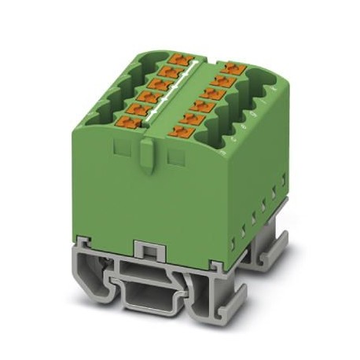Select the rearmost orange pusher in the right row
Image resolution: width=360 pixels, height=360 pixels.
pyautogui.click(x=230, y=68)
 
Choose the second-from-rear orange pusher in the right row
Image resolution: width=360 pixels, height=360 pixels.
pyautogui.click(x=222, y=81)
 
